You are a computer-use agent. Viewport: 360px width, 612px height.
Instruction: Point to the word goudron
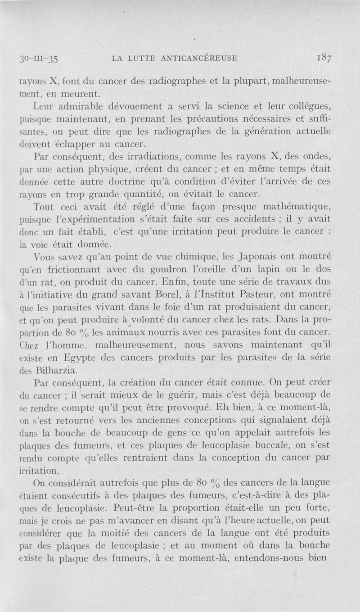[150, 270]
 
